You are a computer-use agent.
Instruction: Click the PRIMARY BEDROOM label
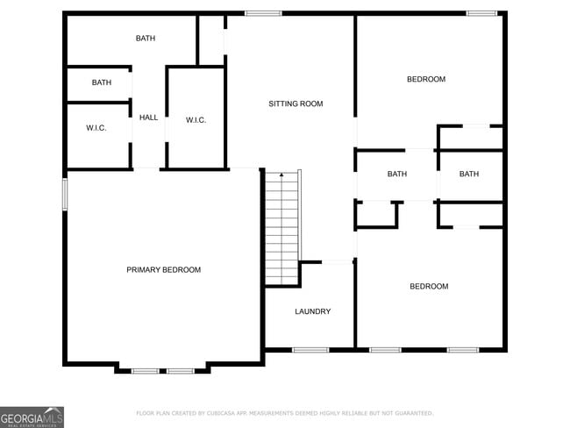163,270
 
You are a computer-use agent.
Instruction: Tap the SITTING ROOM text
296,104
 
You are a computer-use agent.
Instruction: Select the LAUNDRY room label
312,311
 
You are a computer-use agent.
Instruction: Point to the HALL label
149,118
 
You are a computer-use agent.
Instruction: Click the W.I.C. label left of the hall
96,128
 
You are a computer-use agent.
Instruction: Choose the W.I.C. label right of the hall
196,120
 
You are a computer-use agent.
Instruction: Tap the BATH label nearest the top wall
146,39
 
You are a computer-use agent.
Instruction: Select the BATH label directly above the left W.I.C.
102,83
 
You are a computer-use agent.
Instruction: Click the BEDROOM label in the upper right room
426,80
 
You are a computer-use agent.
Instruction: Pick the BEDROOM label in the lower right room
429,287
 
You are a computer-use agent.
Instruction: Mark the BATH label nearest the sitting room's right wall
397,175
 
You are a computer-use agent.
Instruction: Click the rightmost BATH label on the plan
469,175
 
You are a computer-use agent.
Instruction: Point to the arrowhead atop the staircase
281,175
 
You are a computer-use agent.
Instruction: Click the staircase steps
282,228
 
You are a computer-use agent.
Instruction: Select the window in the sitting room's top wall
263,13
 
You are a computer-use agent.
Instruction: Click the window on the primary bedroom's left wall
65,195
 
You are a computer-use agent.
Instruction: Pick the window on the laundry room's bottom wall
310,350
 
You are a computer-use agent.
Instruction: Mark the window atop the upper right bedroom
481,13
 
